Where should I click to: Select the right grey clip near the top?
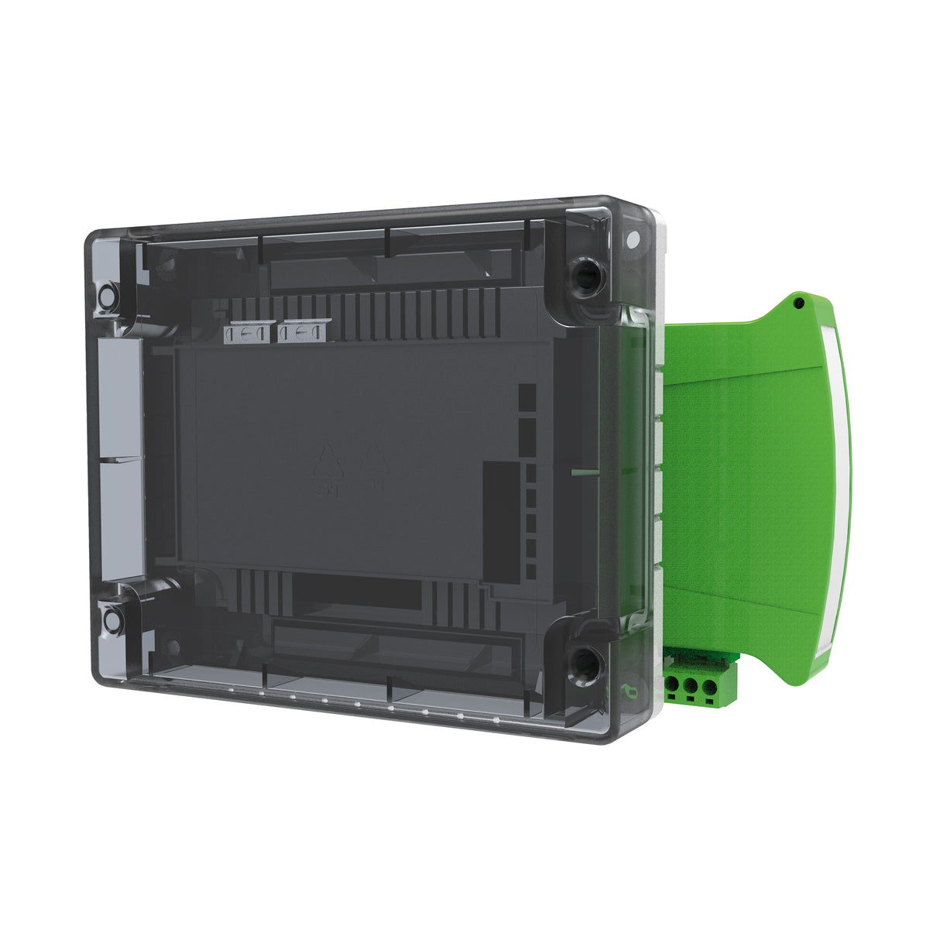pyautogui.click(x=304, y=333)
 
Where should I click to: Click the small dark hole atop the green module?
pyautogui.click(x=798, y=304)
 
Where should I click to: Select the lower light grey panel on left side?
pyautogui.click(x=122, y=519)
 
